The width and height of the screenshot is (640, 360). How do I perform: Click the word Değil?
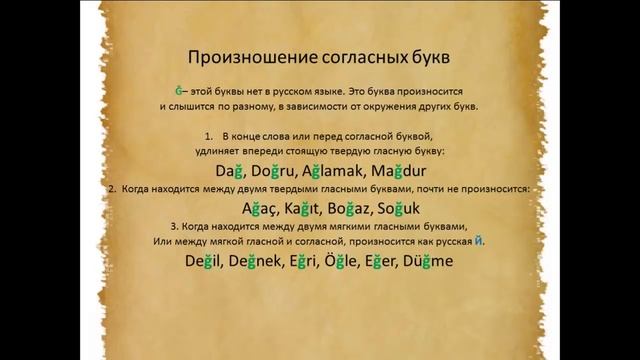point(206,261)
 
